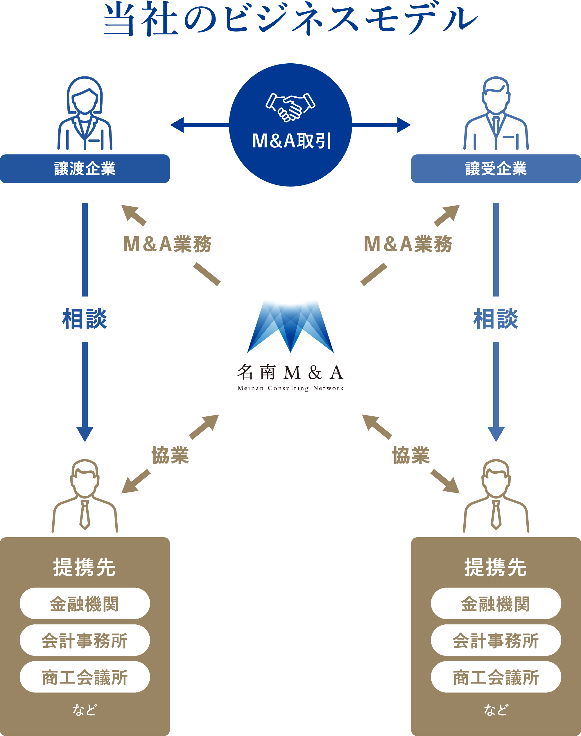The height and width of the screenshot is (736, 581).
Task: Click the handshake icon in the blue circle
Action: click(290, 107)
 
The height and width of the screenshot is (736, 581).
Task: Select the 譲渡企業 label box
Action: click(85, 169)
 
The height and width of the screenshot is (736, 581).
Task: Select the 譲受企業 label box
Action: click(496, 169)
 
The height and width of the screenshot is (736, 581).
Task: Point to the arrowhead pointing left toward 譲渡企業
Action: click(177, 125)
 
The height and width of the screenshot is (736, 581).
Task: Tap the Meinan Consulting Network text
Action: click(290, 388)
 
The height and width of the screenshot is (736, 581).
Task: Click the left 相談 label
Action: click(85, 319)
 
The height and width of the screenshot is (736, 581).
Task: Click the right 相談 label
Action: click(496, 319)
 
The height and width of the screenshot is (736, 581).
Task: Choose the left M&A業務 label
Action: click(167, 244)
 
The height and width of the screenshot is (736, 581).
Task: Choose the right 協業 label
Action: click(411, 456)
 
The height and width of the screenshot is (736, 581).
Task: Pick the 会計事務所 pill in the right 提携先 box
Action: click(496, 641)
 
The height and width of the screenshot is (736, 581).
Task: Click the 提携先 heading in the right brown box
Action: click(496, 567)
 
